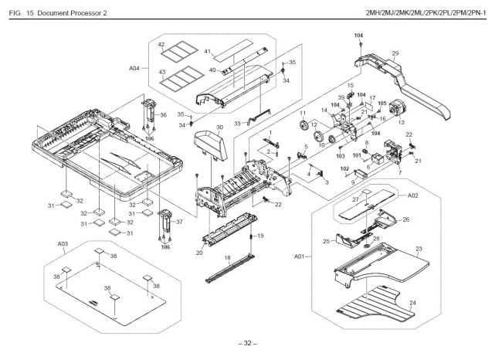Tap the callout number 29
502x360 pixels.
(x=395, y=53)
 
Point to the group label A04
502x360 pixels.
(x=134, y=68)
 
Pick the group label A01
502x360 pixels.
(x=300, y=256)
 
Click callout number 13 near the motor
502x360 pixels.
(x=400, y=122)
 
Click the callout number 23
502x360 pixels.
(x=419, y=249)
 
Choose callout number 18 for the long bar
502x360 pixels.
(x=227, y=256)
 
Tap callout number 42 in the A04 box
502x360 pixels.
(x=161, y=45)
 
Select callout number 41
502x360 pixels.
(x=207, y=51)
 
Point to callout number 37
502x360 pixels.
(x=178, y=221)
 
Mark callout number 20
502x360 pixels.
(x=199, y=252)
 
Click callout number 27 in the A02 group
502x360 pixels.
(x=356, y=200)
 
